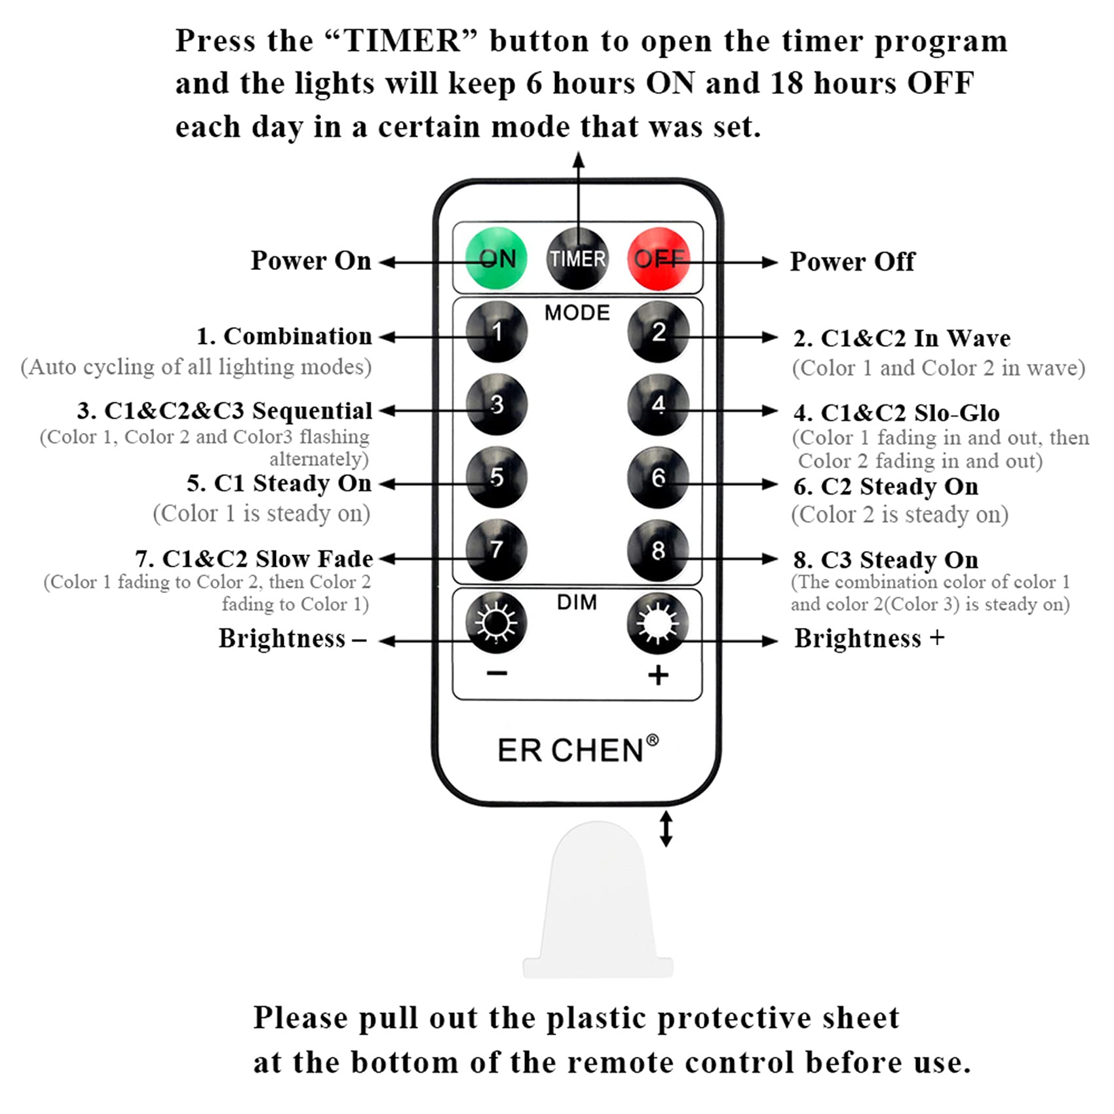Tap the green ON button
pyautogui.click(x=496, y=258)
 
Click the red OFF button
pyautogui.click(x=659, y=258)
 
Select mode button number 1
pyautogui.click(x=497, y=332)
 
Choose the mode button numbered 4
pyautogui.click(x=658, y=404)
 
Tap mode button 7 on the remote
pyautogui.click(x=497, y=549)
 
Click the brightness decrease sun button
pyautogui.click(x=496, y=623)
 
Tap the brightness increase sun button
pyautogui.click(x=658, y=623)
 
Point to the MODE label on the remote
pyautogui.click(x=577, y=313)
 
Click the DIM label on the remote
pyautogui.click(x=577, y=602)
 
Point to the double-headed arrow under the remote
pyautogui.click(x=666, y=829)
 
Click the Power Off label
pyautogui.click(x=852, y=261)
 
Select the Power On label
pyautogui.click(x=311, y=261)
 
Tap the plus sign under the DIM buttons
pyautogui.click(x=658, y=675)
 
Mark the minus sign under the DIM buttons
pyautogui.click(x=497, y=674)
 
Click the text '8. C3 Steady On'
pyautogui.click(x=885, y=560)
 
